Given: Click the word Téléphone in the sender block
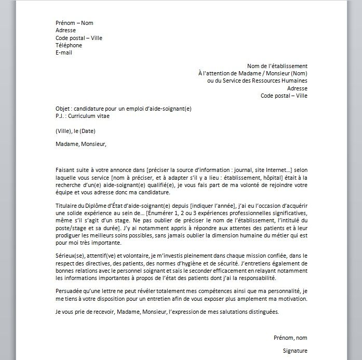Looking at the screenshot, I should point(69,45).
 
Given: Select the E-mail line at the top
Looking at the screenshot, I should point(64,52).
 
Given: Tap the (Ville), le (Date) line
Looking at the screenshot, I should point(75,130).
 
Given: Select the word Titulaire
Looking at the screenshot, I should point(68,206).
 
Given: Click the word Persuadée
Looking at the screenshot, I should point(70,292).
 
